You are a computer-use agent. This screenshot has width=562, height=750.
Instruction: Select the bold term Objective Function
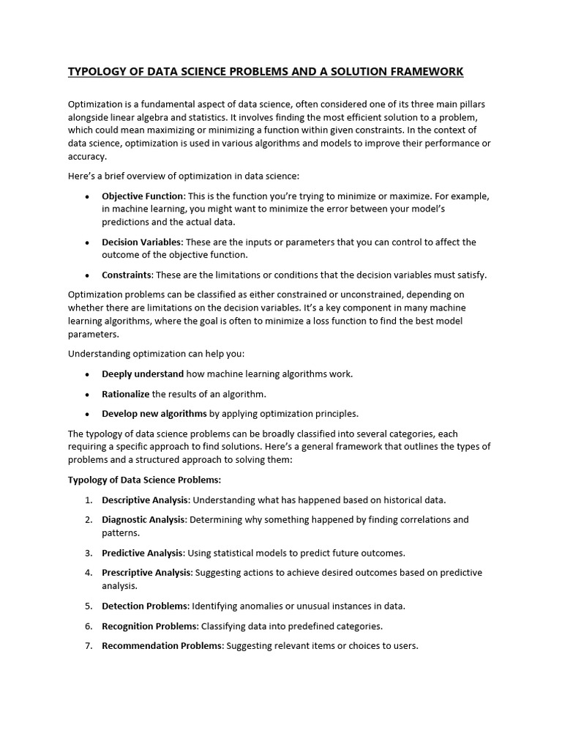click(143, 196)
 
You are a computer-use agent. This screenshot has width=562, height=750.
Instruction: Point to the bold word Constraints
click(127, 275)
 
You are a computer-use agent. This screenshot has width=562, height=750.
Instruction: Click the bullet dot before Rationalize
click(87, 394)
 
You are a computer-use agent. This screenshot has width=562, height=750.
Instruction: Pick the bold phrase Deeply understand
click(143, 374)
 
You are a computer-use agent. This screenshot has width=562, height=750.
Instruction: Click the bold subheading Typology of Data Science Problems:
click(144, 480)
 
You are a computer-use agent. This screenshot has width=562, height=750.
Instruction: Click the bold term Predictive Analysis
click(142, 552)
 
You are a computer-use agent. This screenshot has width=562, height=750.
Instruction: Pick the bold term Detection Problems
click(145, 606)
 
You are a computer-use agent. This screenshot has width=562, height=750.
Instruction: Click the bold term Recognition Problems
click(149, 625)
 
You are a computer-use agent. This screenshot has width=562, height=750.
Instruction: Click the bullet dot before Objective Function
click(87, 196)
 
